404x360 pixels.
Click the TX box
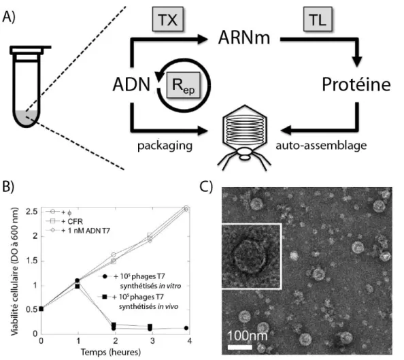[x=168, y=19]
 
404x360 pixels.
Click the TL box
[x=318, y=19]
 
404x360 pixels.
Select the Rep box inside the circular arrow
[x=183, y=85]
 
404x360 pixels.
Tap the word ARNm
[x=243, y=38]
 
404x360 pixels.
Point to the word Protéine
[x=356, y=84]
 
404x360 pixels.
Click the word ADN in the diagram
[x=131, y=84]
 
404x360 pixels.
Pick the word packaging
[x=165, y=146]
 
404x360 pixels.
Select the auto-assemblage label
[x=321, y=146]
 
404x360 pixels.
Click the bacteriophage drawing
[x=244, y=137]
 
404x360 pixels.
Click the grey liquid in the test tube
[x=27, y=118]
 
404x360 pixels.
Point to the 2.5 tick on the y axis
[x=32, y=212]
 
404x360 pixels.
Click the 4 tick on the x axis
[x=190, y=341]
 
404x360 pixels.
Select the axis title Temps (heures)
[x=111, y=352]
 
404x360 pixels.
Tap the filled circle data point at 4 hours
[x=186, y=328]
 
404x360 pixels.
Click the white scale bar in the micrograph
[x=240, y=347]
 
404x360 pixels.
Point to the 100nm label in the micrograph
[x=248, y=336]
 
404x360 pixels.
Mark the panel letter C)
[x=206, y=186]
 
